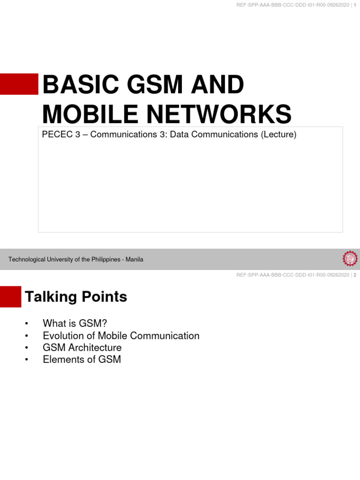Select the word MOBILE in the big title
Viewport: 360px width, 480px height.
84,114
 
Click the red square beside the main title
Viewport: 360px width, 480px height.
19,84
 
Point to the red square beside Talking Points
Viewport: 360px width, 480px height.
10,297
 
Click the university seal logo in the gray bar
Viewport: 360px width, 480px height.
350,258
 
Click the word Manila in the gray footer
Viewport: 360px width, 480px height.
134,259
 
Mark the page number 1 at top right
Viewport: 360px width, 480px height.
355,5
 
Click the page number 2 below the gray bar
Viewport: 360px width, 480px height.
355,275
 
